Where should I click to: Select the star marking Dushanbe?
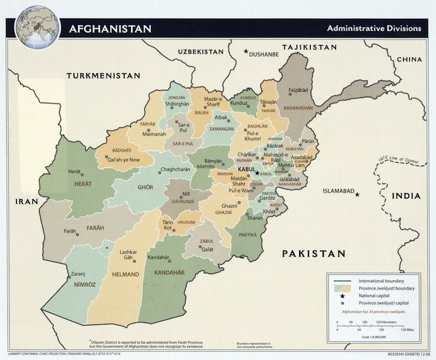pos(246,51)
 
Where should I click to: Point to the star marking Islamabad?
pos(358,194)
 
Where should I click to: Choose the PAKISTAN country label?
pos(313,253)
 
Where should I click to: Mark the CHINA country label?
pos(408,60)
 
